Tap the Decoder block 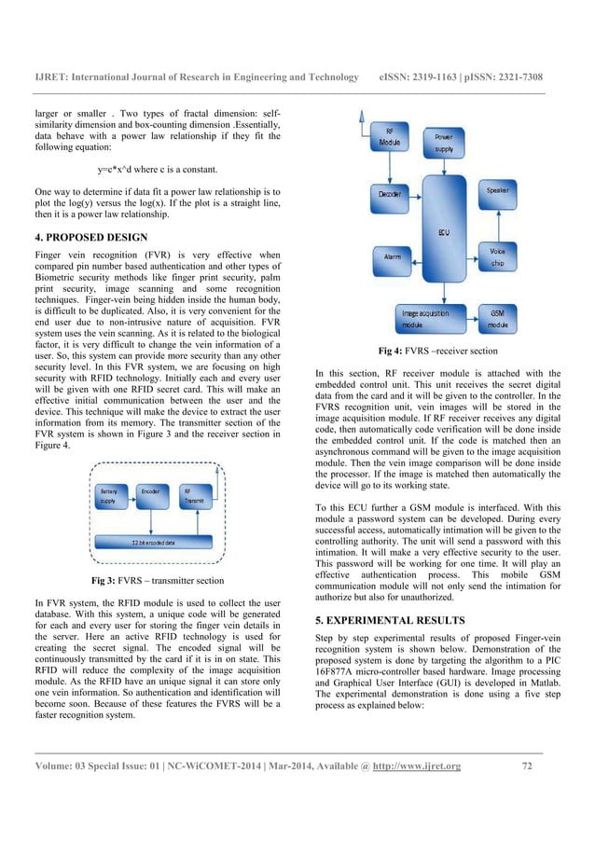tap(391, 193)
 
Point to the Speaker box tap(498, 190)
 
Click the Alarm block tap(393, 255)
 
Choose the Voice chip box tap(497, 256)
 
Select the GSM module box tap(497, 317)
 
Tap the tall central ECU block tap(443, 233)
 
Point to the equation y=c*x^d tap(157, 169)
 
